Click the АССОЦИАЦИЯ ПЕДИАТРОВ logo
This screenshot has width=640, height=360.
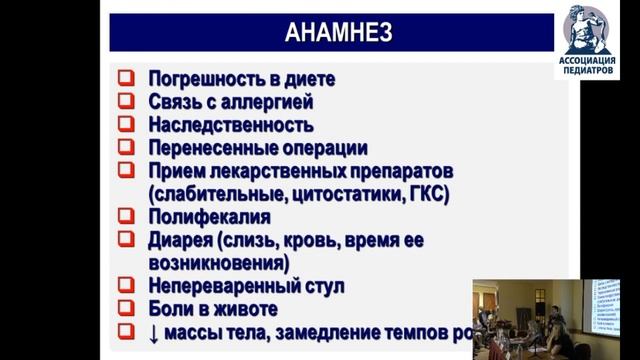pos(586,41)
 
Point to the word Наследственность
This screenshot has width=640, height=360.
pos(230,125)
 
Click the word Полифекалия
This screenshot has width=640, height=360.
pos(209,216)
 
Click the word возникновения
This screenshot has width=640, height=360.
pos(217,263)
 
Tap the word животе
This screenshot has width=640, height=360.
pos(243,309)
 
